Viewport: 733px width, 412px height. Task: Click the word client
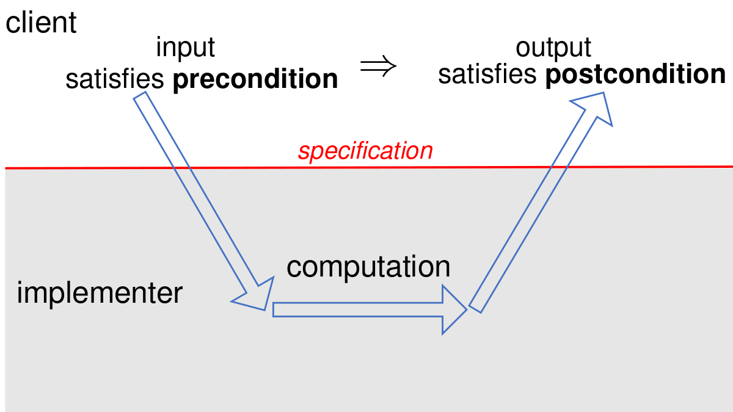point(41,23)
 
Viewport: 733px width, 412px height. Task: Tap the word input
point(185,48)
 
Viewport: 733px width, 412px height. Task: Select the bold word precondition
point(255,79)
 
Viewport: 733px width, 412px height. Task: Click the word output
point(553,48)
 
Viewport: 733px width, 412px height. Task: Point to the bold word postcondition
point(635,75)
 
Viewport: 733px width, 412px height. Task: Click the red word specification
point(365,151)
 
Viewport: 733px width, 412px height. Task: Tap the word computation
point(368,267)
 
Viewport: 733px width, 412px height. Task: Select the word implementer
point(100,294)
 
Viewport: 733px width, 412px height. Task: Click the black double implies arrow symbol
point(378,66)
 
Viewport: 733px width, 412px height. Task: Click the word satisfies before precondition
point(115,79)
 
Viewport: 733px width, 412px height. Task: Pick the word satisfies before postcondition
point(487,74)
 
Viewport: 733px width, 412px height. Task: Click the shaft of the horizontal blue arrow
point(358,309)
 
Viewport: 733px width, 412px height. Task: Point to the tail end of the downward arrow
point(139,95)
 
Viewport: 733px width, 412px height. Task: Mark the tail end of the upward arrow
point(475,309)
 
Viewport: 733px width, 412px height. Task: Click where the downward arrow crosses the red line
point(181,168)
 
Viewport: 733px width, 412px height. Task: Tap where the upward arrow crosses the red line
point(560,167)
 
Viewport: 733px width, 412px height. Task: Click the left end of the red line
point(5,168)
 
